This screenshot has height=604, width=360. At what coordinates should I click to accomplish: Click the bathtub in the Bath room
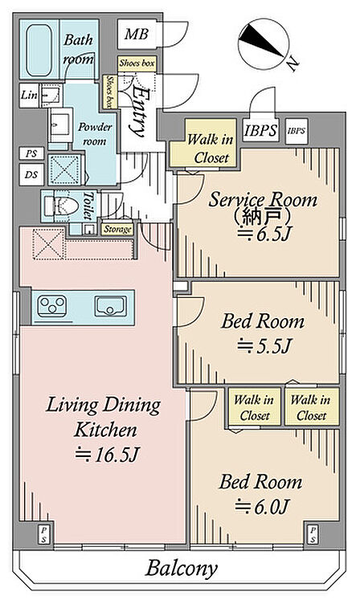click(x=39, y=51)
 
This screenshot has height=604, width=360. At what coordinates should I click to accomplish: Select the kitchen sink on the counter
click(x=111, y=306)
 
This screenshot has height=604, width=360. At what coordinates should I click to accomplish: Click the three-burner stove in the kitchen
click(x=51, y=306)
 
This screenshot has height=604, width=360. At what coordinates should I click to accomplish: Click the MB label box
click(x=137, y=35)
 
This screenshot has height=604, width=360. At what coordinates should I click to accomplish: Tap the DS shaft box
click(x=31, y=175)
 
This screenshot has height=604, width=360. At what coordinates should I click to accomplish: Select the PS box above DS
click(x=31, y=153)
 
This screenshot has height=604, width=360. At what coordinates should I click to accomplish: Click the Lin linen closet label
click(x=29, y=95)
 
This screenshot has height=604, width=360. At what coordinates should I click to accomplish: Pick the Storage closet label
click(x=118, y=230)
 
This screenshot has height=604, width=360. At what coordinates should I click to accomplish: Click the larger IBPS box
click(x=260, y=130)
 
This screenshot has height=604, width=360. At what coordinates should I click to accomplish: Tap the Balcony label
click(x=181, y=568)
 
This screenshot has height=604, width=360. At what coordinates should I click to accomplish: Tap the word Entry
click(x=140, y=112)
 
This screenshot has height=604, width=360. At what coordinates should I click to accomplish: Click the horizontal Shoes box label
click(x=137, y=63)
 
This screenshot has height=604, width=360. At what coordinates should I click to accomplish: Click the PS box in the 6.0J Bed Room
click(x=313, y=535)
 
